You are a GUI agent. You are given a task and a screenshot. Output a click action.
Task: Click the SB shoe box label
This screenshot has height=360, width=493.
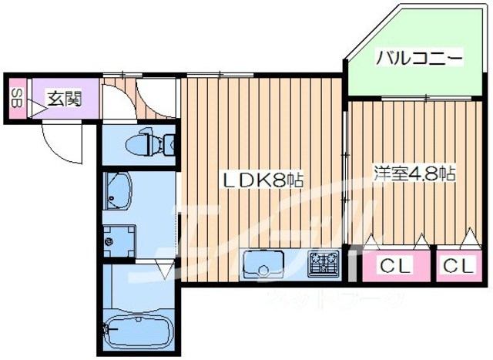click(x=15, y=99)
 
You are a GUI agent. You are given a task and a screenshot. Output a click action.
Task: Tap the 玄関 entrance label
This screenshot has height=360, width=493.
click(x=64, y=98)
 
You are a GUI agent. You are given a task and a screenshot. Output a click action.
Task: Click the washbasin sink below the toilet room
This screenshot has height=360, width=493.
click(x=118, y=191)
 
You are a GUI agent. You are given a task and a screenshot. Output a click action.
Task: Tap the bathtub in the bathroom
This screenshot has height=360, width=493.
click(x=138, y=330)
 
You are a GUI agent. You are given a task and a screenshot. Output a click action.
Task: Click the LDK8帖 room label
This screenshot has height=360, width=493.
click(x=262, y=180)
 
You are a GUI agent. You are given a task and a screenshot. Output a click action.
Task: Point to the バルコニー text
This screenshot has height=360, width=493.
click(x=419, y=58)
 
